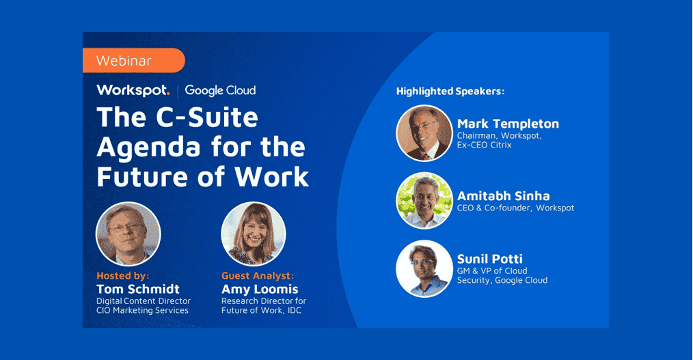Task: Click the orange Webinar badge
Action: click(x=133, y=60)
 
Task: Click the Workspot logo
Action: click(x=133, y=90)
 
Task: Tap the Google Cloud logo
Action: click(x=220, y=90)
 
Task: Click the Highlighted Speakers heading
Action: click(x=450, y=91)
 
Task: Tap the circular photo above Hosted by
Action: click(x=128, y=234)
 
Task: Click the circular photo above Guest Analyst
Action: click(x=253, y=234)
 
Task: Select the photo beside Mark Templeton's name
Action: click(x=424, y=133)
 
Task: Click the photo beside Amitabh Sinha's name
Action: click(x=424, y=200)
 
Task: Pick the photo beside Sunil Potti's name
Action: click(x=424, y=268)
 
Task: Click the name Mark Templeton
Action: click(x=508, y=124)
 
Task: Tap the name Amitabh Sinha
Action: click(x=503, y=196)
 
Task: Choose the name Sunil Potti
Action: click(x=489, y=259)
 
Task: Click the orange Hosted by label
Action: click(x=124, y=276)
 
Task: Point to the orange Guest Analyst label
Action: click(x=258, y=276)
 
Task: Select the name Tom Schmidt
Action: click(x=138, y=289)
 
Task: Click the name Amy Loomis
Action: click(x=260, y=289)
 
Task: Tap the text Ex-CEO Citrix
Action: click(x=484, y=145)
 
